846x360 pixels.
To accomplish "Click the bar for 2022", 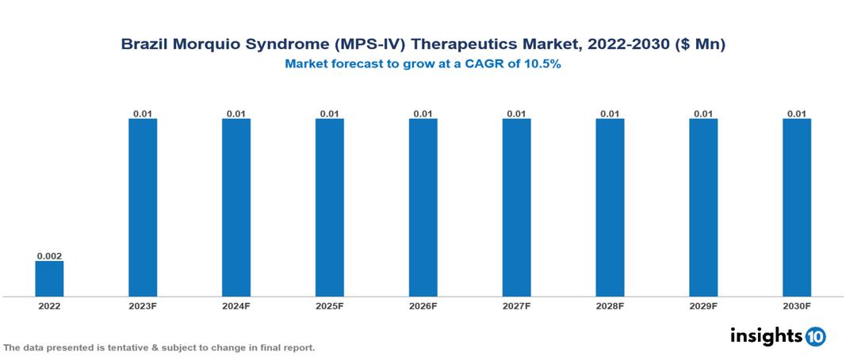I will (x=49, y=278).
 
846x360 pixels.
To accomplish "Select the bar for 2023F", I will (x=143, y=208).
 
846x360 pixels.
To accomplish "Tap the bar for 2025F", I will (x=329, y=208).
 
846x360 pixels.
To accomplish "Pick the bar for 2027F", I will (x=516, y=208).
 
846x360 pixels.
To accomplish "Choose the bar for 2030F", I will (x=797, y=208).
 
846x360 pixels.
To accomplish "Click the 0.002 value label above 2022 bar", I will (x=49, y=256).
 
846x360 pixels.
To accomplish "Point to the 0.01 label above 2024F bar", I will (x=236, y=113).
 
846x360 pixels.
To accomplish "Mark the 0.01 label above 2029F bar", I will (x=703, y=113).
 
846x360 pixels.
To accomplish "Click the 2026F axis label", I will (x=423, y=306).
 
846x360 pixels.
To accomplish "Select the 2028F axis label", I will (x=610, y=306).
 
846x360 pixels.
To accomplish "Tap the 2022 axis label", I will (x=49, y=306).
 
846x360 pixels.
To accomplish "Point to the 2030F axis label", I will (x=797, y=306).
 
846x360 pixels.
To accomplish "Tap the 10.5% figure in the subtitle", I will (x=545, y=65).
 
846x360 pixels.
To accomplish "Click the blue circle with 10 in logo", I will (x=815, y=337).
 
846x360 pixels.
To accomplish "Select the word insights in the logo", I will (x=766, y=336).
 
